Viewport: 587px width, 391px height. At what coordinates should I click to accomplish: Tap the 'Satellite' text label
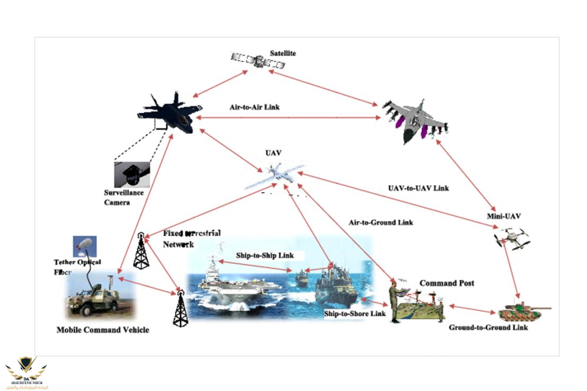pyautogui.click(x=283, y=53)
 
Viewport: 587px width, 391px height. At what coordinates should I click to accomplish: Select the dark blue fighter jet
pyautogui.click(x=168, y=114)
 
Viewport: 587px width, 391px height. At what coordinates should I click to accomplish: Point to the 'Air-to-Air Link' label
pyautogui.click(x=255, y=107)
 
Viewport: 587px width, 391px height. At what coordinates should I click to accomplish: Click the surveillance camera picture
pyautogui.click(x=132, y=174)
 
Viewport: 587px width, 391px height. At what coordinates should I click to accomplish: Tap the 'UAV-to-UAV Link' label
pyautogui.click(x=418, y=188)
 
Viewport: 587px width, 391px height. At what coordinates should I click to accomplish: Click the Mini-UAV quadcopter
pyautogui.click(x=512, y=238)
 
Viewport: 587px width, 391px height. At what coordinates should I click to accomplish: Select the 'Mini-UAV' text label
pyautogui.click(x=504, y=216)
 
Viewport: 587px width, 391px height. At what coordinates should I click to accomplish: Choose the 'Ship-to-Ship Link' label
pyautogui.click(x=265, y=256)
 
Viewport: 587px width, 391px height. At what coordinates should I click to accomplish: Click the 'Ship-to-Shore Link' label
pyautogui.click(x=355, y=314)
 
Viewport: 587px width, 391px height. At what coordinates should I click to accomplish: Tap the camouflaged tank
pyautogui.click(x=522, y=312)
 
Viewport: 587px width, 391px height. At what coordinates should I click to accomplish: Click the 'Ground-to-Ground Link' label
pyautogui.click(x=488, y=327)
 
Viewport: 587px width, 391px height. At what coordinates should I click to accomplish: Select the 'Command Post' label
pyautogui.click(x=446, y=283)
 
